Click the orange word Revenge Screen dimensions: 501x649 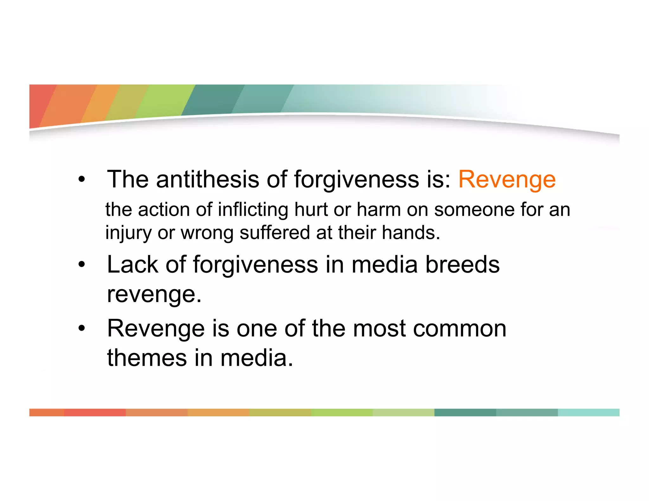coord(507,180)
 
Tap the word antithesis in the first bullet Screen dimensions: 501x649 coord(207,180)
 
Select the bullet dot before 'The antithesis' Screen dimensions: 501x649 coord(82,180)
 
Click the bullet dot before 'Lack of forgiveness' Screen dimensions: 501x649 coord(82,264)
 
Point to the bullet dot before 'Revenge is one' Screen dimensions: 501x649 coord(82,328)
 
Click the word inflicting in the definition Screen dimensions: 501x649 coord(253,210)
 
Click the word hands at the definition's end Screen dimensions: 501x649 coord(410,232)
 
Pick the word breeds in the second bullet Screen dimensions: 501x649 coord(462,264)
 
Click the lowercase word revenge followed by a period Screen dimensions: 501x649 coord(154,295)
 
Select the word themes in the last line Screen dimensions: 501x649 coord(147,358)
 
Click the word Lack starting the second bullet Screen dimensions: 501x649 coord(132,264)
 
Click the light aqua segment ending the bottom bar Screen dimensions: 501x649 coord(588,412)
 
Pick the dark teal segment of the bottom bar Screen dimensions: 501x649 coord(465,412)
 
